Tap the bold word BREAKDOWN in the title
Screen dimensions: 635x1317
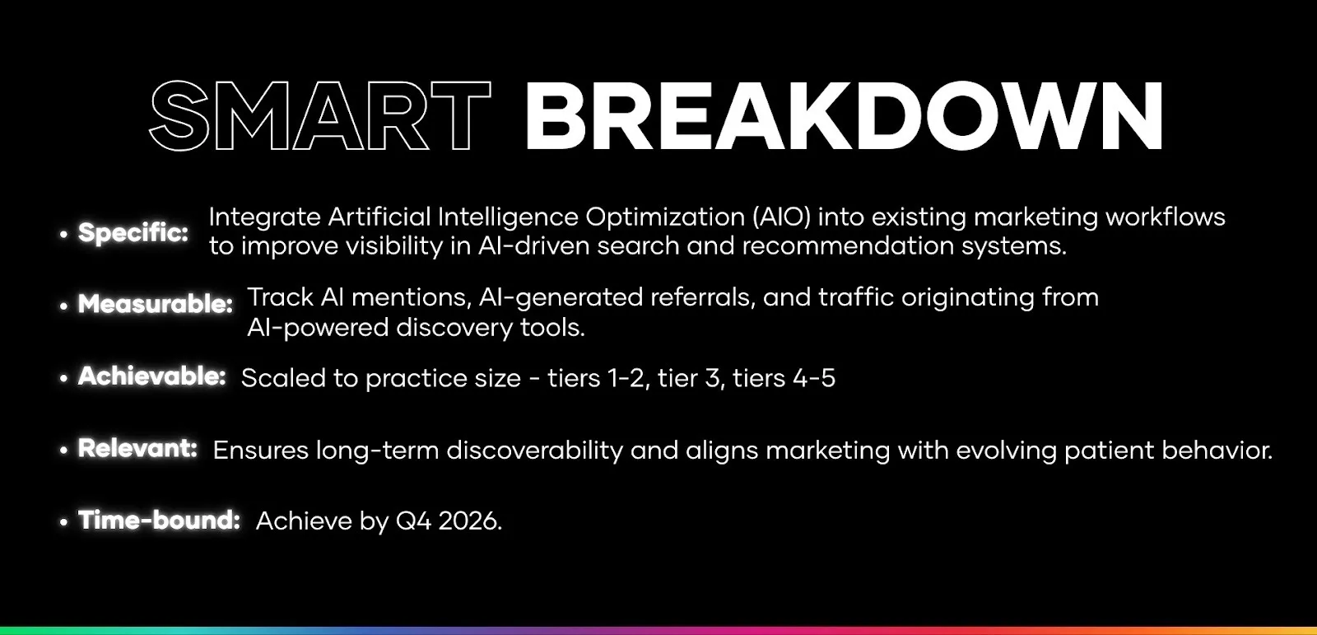click(843, 117)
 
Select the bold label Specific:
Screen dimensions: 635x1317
click(133, 233)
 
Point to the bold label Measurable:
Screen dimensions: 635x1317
click(156, 304)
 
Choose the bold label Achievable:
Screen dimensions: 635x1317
click(152, 376)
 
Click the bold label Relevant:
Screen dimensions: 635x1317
click(137, 449)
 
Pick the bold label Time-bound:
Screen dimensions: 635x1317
click(160, 521)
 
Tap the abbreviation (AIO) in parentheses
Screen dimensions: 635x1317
click(781, 217)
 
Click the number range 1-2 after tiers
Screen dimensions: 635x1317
click(626, 378)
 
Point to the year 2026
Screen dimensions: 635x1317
click(470, 521)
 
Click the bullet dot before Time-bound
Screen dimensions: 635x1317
click(63, 522)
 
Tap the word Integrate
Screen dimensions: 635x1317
click(264, 217)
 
